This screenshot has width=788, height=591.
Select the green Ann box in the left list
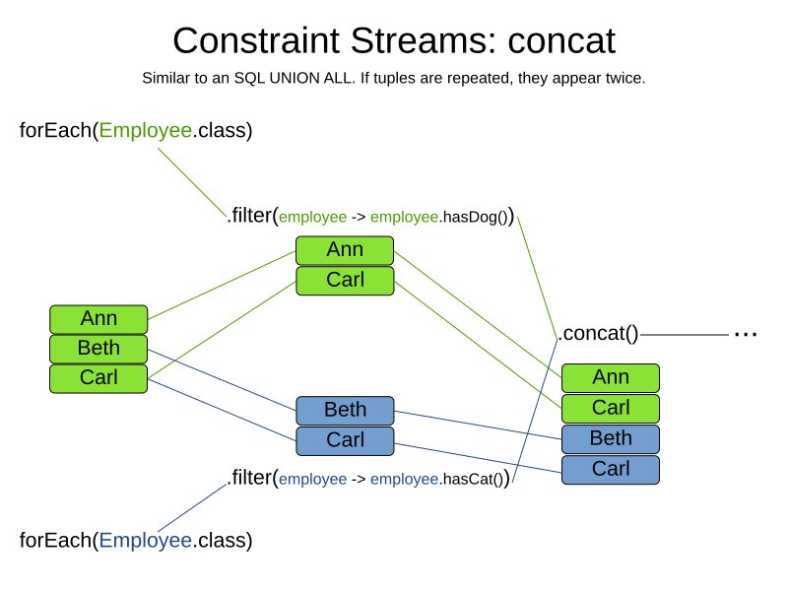[98, 318]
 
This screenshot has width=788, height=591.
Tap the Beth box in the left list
[98, 348]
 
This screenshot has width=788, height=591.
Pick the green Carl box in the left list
[98, 377]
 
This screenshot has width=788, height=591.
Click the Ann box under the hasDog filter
[345, 249]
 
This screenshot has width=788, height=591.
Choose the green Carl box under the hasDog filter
[345, 280]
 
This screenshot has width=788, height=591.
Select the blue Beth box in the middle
[345, 410]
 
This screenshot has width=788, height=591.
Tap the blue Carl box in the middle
[345, 439]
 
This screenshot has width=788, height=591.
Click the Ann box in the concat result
[611, 377]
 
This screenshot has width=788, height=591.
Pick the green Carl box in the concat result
[611, 408]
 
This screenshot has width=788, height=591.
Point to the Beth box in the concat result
[611, 438]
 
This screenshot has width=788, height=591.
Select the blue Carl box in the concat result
[611, 469]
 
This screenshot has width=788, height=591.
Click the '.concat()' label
[598, 334]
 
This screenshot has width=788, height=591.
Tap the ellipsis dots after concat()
[746, 334]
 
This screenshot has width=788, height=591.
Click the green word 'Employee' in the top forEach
[145, 130]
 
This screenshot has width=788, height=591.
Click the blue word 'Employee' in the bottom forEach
[145, 540]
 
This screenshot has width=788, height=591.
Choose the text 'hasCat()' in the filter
[473, 480]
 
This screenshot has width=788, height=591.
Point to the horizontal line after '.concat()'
[685, 335]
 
